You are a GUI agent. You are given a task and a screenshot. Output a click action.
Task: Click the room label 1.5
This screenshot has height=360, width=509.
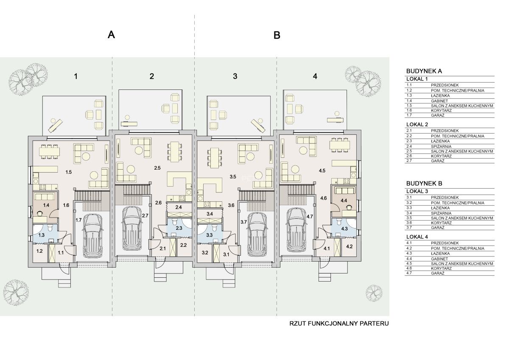[x=69, y=172]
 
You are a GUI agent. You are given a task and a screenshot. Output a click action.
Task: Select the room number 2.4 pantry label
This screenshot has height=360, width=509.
[x=179, y=207]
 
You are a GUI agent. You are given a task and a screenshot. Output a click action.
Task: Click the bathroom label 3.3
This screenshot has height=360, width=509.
[x=209, y=234]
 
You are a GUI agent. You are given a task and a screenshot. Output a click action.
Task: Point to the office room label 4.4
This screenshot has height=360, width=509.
[x=344, y=201]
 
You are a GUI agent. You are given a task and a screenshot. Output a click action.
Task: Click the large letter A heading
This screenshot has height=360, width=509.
[x=111, y=35]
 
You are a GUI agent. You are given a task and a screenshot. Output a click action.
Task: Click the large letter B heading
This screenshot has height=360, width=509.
[x=277, y=35]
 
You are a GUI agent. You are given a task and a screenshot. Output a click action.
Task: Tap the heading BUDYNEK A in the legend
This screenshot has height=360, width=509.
[x=424, y=71]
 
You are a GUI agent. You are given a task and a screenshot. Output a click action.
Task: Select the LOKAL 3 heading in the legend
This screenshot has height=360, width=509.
[x=417, y=191]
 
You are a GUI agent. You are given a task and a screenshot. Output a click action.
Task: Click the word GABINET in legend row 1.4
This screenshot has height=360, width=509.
[x=439, y=101]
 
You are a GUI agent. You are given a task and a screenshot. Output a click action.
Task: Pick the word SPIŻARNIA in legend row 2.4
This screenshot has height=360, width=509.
[x=441, y=146]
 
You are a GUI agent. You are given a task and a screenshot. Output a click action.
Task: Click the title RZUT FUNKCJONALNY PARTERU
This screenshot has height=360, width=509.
[x=339, y=324]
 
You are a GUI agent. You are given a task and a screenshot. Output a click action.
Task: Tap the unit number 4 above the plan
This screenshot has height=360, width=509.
[x=315, y=76]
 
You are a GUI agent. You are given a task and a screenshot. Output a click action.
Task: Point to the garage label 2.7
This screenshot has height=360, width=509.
[x=145, y=215]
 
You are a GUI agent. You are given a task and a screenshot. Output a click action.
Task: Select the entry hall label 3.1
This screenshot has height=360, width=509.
[x=226, y=254]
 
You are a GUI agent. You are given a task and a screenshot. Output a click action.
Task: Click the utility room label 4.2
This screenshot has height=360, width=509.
[x=349, y=246]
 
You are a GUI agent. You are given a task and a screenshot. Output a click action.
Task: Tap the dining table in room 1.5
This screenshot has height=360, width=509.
[x=50, y=151]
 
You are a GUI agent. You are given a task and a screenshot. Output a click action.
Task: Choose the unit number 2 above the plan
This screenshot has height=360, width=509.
[x=152, y=76]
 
